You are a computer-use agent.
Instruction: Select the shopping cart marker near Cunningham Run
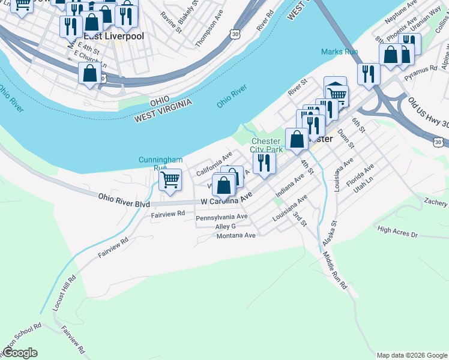(170, 179)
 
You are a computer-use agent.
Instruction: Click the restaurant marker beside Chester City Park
(264, 163)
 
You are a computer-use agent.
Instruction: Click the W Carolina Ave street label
(226, 200)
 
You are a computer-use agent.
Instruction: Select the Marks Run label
(339, 52)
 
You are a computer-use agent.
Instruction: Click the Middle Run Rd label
(334, 271)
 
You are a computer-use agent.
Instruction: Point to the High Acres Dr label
(397, 231)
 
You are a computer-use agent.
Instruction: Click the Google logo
(20, 353)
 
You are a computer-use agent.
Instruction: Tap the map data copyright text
(412, 355)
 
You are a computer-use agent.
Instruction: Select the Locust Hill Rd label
(64, 293)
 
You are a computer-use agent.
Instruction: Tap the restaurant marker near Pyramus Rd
(368, 74)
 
